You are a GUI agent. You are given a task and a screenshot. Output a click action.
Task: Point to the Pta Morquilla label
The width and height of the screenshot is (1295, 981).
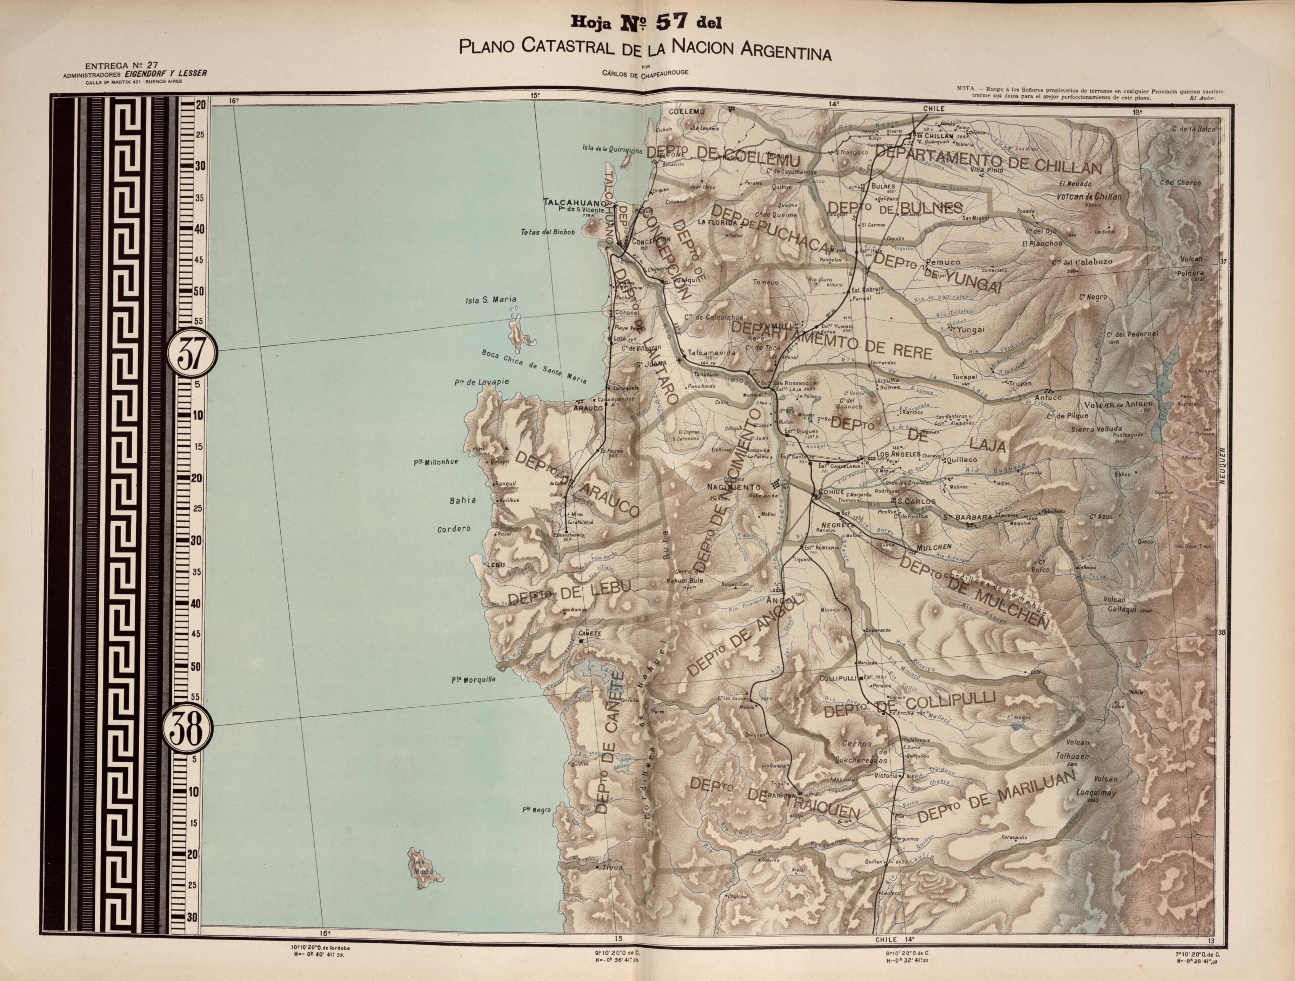click(473, 680)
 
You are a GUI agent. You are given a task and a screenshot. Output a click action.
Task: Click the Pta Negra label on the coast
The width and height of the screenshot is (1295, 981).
click(537, 810)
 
